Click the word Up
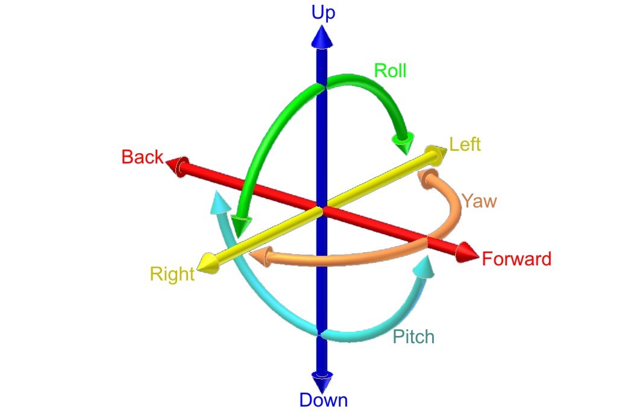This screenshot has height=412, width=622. click(323, 13)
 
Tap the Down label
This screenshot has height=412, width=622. click(323, 399)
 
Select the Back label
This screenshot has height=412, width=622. click(142, 157)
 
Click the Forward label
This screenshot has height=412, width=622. click(517, 259)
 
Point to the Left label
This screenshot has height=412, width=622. click(465, 145)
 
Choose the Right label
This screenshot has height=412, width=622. click(172, 274)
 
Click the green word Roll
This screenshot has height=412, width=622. click(391, 71)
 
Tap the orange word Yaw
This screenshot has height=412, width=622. click(480, 201)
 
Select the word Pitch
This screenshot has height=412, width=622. click(413, 337)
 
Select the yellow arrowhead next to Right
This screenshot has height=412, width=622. click(208, 264)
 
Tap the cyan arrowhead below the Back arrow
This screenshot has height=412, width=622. click(220, 202)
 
